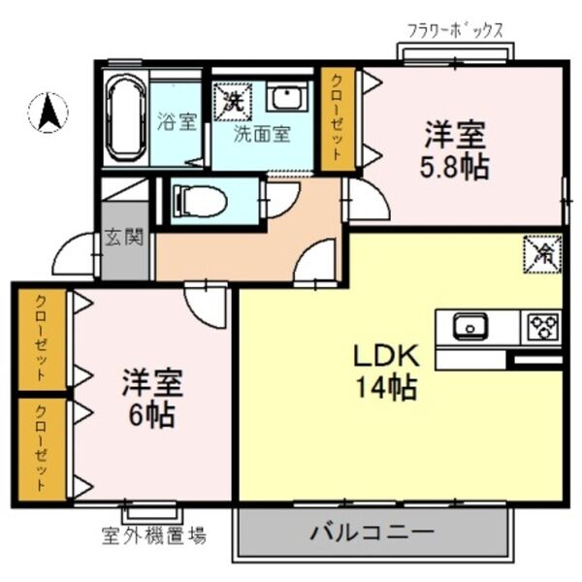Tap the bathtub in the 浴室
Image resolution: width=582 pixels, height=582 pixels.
[124, 121]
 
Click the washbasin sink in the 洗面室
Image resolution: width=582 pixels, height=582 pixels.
[284, 98]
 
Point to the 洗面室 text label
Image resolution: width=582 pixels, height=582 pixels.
[262, 134]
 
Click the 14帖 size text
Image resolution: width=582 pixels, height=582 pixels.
[385, 387]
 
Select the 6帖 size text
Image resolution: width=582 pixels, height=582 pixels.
[148, 415]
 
